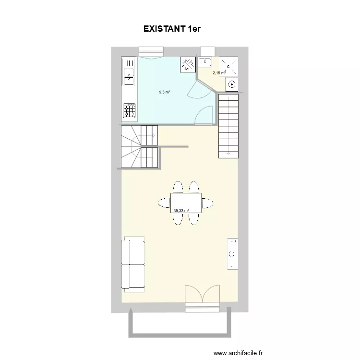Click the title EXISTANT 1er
(172, 29)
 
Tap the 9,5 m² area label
(164, 92)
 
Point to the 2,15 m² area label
(219, 73)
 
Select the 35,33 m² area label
(181, 210)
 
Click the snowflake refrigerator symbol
(188, 64)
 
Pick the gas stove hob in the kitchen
(129, 110)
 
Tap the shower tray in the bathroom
(228, 66)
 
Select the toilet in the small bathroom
(231, 84)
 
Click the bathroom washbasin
(205, 62)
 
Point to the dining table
(186, 203)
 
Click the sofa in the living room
(133, 264)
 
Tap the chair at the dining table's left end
(164, 203)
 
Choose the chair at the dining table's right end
(207, 203)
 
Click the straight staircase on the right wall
(228, 126)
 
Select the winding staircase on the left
(139, 146)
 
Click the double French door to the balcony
(202, 294)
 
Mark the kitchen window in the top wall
(151, 53)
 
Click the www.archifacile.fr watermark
(238, 353)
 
